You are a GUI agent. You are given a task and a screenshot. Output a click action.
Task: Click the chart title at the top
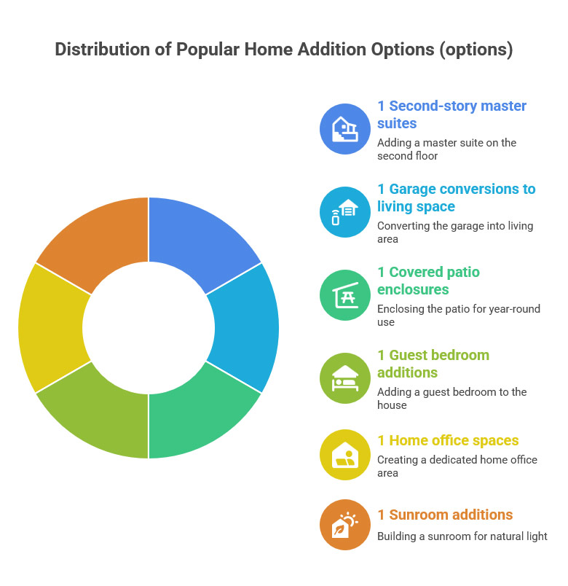coord(284,50)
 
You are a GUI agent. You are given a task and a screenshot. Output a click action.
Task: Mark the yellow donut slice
coord(51,328)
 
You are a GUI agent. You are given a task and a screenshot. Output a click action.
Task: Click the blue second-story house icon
coord(345,129)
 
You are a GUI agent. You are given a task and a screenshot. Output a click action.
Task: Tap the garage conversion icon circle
coord(345,212)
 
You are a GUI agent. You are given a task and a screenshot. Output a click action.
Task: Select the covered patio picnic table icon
coord(345,295)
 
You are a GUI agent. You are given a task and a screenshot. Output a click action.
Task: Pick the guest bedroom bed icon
coord(345,378)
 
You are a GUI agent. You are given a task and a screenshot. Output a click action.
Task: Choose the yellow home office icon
coord(345,455)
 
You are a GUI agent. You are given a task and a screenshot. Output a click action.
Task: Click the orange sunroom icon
coord(345,524)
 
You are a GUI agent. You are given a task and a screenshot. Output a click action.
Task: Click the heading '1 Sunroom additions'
coord(445,515)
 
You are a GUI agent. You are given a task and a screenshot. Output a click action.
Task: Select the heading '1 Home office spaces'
coord(448,440)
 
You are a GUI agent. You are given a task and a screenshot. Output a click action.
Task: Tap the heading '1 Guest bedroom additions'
coord(433,364)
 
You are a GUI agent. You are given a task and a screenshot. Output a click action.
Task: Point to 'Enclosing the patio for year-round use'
coord(458,316)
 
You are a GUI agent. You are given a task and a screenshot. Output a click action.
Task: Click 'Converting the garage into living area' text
coord(454,233)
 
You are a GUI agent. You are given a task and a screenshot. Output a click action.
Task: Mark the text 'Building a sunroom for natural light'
coord(462,536)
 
